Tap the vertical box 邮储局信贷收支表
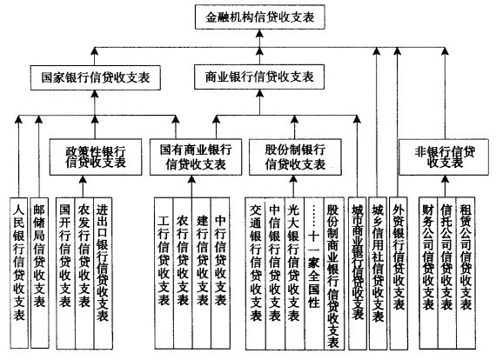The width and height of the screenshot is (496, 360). [x=39, y=261]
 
